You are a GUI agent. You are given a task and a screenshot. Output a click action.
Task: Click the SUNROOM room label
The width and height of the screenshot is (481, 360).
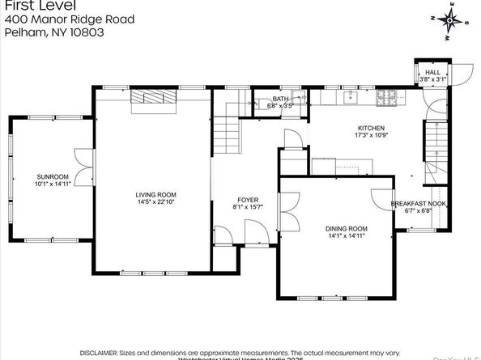[x=53, y=176]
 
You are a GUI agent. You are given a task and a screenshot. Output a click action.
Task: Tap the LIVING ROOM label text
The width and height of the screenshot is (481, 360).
[x=155, y=194]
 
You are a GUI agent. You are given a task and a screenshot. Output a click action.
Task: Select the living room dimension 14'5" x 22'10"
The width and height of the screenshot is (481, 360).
[x=155, y=202]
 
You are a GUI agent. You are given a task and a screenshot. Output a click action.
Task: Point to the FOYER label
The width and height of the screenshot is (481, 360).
[x=248, y=199]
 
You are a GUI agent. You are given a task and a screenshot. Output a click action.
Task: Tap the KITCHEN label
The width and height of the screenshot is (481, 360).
[x=372, y=128]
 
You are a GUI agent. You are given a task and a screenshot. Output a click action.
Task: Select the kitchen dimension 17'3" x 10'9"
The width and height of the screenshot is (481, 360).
[x=372, y=136]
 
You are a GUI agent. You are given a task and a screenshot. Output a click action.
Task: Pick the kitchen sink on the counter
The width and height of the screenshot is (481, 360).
[x=352, y=98]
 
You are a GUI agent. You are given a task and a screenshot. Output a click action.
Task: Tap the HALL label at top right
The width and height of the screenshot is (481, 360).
[x=432, y=72]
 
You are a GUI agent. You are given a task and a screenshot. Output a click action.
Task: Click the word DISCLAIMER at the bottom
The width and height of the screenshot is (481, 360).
[x=101, y=352]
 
